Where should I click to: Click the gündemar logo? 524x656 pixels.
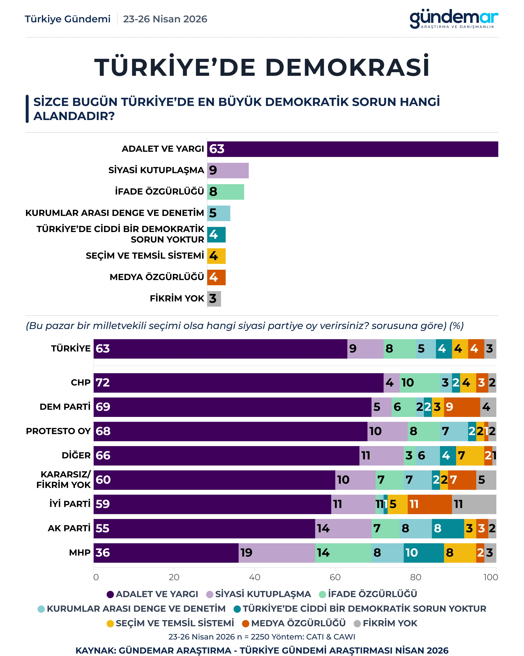click(454, 19)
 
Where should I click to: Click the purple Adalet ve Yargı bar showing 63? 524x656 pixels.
click(352, 149)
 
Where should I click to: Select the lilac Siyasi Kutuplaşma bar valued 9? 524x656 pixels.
click(228, 170)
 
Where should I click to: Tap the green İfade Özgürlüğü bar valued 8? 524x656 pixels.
click(225, 192)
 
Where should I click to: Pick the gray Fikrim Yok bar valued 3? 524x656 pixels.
click(214, 299)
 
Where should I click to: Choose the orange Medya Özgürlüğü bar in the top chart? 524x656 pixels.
click(216, 277)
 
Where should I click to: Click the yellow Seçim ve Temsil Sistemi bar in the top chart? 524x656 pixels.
click(216, 256)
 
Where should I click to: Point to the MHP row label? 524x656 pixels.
click(80, 552)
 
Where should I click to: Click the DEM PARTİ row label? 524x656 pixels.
click(65, 407)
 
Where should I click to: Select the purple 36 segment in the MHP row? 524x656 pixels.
click(166, 553)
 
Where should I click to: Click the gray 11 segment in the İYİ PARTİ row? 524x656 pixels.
click(474, 504)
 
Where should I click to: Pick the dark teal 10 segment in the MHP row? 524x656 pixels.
click(424, 553)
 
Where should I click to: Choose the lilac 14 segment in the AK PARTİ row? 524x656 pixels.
click(343, 528)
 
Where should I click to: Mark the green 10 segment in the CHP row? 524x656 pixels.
click(420, 383)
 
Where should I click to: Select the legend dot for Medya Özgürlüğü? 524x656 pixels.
click(246, 624)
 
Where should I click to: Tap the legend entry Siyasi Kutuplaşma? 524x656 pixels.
click(259, 594)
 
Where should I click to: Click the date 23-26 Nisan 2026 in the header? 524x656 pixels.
click(165, 19)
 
